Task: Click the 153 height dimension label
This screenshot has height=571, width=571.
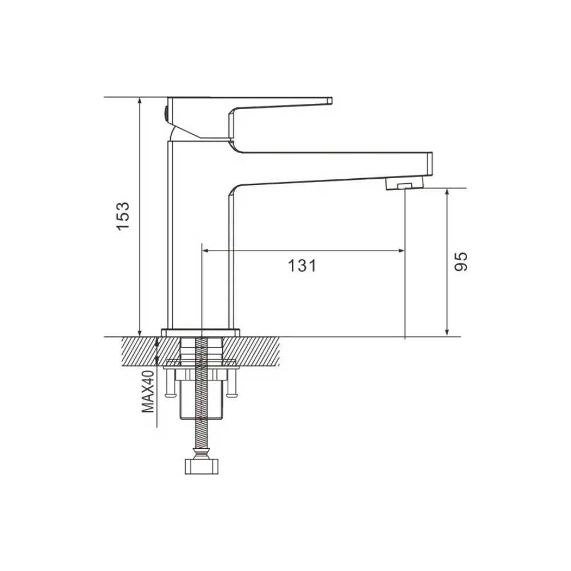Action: coord(123,216)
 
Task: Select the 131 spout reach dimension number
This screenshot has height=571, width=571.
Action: coord(302,266)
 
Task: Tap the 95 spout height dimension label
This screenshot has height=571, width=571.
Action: coord(461,262)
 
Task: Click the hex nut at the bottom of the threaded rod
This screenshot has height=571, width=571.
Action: coord(202,467)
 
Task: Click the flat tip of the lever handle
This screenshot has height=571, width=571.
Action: coord(330,101)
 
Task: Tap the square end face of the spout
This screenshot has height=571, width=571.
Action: coord(429,164)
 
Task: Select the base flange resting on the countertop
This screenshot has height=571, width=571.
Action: coord(200,332)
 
